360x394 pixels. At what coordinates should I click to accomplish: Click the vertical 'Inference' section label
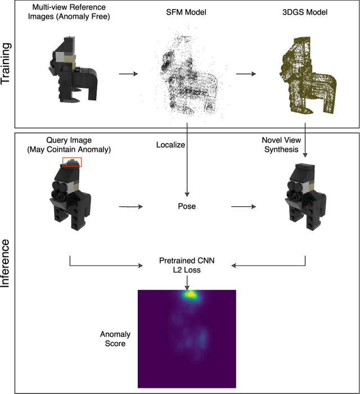click(6, 262)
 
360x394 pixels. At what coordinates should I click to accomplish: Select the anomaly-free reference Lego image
click(73, 70)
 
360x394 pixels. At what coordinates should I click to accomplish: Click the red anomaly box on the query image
click(72, 162)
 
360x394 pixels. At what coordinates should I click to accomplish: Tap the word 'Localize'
click(171, 145)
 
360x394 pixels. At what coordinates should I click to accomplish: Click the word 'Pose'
click(187, 206)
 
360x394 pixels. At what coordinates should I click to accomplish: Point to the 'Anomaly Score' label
click(115, 338)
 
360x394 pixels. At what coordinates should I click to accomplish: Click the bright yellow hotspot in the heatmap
click(191, 294)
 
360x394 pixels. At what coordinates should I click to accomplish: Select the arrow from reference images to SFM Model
click(128, 73)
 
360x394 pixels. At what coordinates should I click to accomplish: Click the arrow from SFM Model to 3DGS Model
click(245, 73)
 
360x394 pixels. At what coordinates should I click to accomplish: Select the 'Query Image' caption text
click(70, 145)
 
